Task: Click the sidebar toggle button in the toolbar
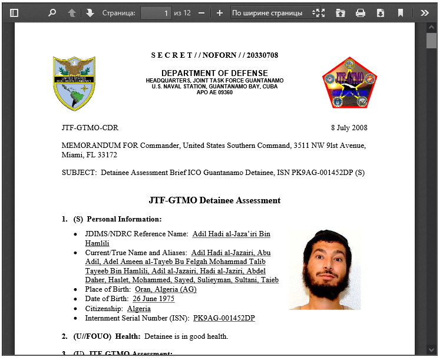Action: [14, 12]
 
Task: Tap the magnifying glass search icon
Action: [52, 12]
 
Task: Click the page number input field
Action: [156, 12]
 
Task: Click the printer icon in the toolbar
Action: [361, 12]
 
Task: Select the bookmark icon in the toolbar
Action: [401, 12]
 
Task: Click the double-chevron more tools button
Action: [424, 12]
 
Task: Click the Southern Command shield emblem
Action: [74, 83]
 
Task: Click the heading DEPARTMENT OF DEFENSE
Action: [214, 73]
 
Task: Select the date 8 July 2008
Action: [349, 128]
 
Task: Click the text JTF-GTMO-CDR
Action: [90, 128]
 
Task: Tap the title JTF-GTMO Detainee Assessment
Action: [214, 200]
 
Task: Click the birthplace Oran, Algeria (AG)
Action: [166, 289]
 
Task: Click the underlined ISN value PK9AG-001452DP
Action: [224, 318]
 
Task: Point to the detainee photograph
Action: [325, 270]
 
